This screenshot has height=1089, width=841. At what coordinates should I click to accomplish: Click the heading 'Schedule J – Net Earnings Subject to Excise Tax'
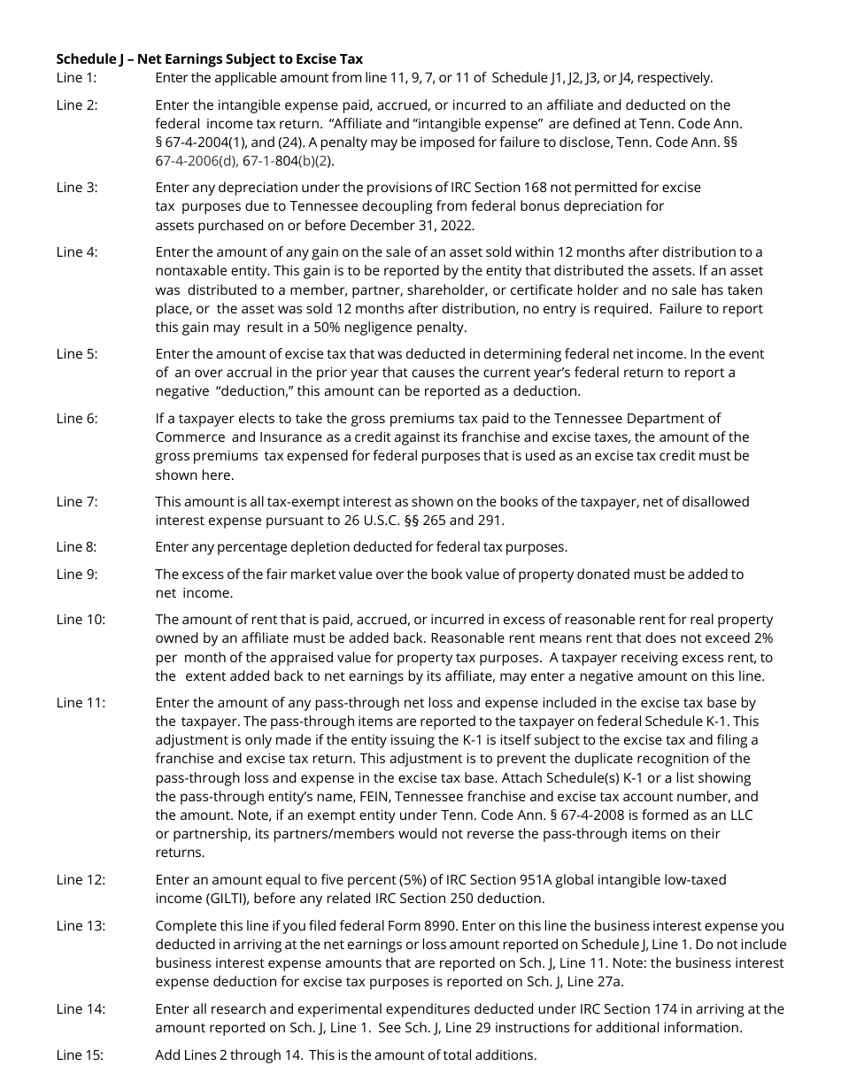[209, 59]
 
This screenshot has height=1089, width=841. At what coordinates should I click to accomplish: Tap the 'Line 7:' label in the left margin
[76, 502]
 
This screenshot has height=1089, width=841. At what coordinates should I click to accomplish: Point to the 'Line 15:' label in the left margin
[80, 1055]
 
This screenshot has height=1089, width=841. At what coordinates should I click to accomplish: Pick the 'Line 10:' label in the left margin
[80, 620]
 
